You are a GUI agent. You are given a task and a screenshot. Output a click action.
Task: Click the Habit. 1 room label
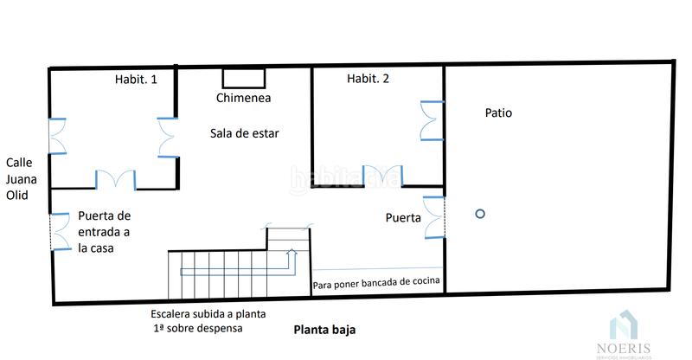136,80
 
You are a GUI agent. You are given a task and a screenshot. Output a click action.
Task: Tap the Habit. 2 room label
368,79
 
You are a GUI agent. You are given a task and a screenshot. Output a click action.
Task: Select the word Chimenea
243,98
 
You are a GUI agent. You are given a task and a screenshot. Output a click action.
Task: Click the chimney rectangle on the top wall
243,77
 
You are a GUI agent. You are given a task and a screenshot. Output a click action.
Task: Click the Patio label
498,112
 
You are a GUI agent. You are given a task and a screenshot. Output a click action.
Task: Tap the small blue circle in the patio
480,214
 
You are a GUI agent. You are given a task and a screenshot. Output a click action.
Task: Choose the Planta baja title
324,330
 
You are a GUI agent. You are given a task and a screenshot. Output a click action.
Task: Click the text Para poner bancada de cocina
376,281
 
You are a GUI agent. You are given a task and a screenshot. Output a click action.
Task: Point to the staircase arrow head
292,252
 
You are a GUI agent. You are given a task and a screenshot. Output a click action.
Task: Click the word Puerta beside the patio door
403,218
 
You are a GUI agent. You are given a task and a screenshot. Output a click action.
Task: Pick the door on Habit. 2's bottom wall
381,175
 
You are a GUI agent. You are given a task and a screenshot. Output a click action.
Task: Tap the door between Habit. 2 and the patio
432,120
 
